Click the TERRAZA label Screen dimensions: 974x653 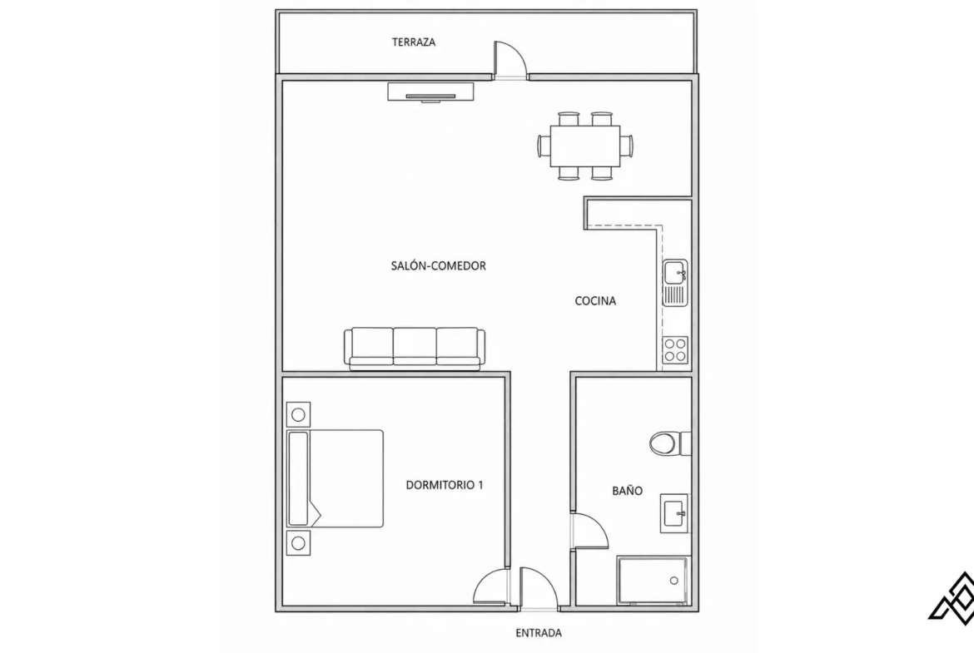point(413,42)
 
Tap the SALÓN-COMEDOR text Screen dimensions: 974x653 point(438,265)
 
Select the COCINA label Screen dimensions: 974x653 point(595,301)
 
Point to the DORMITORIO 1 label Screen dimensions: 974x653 point(445,485)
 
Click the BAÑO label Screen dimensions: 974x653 point(627,490)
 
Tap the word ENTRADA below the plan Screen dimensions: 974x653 point(539,633)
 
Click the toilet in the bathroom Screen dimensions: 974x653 point(670,444)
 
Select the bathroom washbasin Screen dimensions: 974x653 point(674,513)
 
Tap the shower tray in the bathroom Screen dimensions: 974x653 point(653,581)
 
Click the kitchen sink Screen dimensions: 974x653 point(674,283)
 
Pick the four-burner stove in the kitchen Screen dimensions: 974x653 point(674,349)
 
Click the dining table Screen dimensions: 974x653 point(585,146)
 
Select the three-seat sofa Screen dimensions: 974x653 point(415,349)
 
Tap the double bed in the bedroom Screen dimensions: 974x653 point(335,478)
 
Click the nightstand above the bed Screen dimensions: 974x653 point(298,414)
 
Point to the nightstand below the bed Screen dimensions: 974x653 point(298,543)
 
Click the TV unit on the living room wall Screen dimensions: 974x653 point(431,92)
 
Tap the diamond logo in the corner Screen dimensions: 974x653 point(952,598)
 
